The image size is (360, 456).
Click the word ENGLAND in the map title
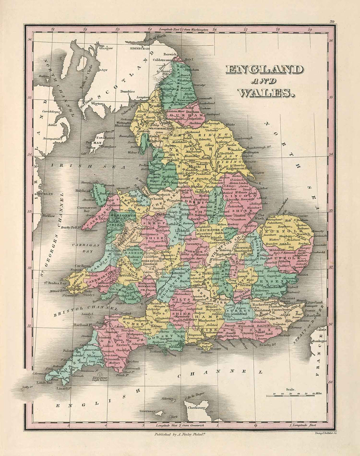click(x=264, y=70)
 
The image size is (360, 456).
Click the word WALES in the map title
click(x=266, y=93)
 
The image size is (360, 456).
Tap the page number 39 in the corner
click(x=332, y=21)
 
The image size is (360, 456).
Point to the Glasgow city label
click(x=106, y=48)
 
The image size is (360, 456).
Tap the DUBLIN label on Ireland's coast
click(x=45, y=194)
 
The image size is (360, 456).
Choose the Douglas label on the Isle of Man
click(x=108, y=146)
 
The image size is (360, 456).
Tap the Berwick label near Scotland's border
click(x=170, y=54)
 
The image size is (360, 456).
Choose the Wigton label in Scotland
click(x=98, y=103)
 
